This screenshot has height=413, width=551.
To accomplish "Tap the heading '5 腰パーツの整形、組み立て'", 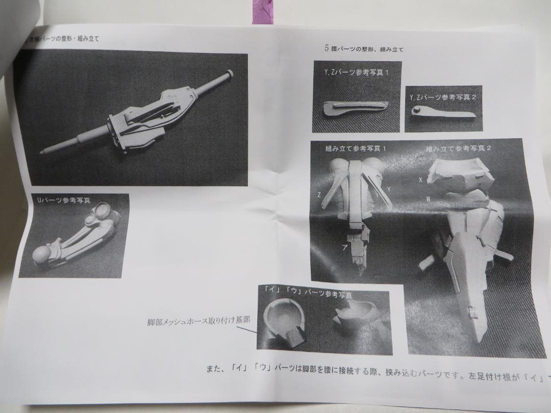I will point(364,49).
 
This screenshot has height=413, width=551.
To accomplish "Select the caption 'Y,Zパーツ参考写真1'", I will point(358,72).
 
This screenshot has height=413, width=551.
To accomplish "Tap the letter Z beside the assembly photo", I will point(319,195).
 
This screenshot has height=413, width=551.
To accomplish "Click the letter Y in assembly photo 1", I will point(389,189).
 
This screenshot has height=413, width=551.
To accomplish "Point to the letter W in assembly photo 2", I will point(428,199).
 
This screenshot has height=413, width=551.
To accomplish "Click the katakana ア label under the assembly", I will point(345,247).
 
